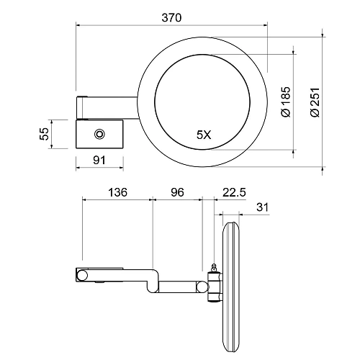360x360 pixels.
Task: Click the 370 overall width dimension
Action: coord(171,18)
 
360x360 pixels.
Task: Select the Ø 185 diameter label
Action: coord(286,102)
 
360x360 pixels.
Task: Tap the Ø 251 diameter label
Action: coord(315,102)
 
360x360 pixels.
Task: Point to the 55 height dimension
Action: coord(44,133)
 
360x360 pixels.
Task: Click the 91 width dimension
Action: coord(99,160)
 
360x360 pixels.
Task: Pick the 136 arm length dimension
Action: coord(117,192)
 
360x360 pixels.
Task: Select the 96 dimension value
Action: coord(177,192)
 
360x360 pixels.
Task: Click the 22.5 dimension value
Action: coord(234,192)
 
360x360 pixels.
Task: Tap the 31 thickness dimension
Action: coord(262,207)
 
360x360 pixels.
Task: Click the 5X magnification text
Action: coord(204,135)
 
